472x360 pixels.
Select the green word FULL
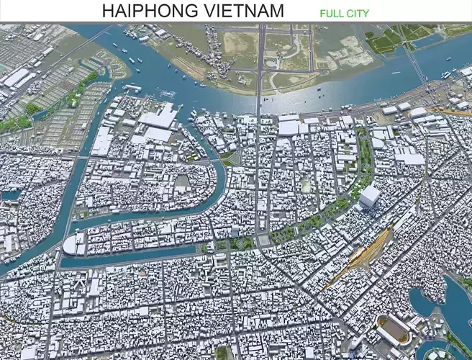click(331, 14)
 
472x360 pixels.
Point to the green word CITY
click(358, 14)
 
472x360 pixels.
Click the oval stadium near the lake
click(393, 330)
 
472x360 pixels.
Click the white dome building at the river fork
click(74, 245)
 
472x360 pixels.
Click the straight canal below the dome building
click(130, 256)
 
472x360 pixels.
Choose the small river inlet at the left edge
click(11, 194)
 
